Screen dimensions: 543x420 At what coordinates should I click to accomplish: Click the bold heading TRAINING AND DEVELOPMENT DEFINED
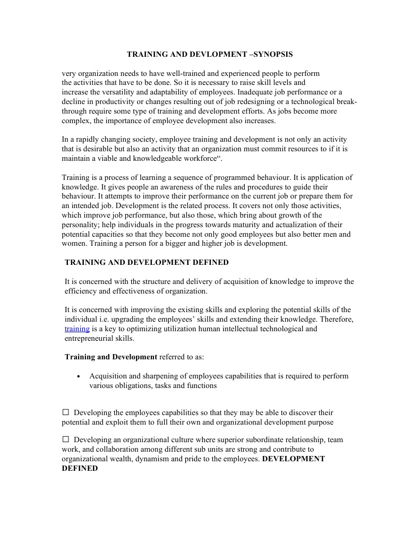(x=147, y=262)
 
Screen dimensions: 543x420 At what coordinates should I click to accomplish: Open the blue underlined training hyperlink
(x=77, y=329)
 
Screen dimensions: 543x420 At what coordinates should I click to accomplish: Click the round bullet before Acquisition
(x=79, y=376)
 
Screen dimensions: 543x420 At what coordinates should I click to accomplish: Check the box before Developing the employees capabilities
(x=66, y=412)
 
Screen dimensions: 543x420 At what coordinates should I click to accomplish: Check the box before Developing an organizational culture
(x=66, y=439)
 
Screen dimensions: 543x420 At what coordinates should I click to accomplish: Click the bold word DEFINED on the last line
(x=80, y=469)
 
